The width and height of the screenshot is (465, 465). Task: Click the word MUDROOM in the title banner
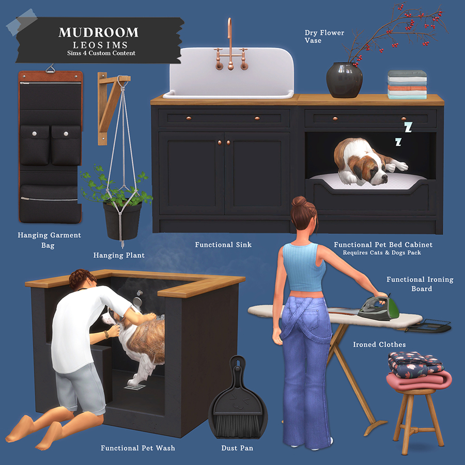(x=99, y=33)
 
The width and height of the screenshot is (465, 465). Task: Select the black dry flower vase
(x=344, y=80)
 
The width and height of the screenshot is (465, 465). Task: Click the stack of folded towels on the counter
(x=407, y=85)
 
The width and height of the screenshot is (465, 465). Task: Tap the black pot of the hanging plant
(x=122, y=220)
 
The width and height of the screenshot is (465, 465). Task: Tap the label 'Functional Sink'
(x=223, y=245)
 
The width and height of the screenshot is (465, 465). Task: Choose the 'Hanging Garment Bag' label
(x=49, y=240)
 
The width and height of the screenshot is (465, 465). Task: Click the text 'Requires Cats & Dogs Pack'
(x=382, y=253)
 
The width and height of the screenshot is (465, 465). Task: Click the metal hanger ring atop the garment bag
(x=51, y=69)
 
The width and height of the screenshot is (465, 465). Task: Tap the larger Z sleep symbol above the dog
(x=408, y=127)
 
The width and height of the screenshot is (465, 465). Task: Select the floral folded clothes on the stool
(x=416, y=364)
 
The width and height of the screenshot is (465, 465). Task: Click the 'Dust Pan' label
(x=237, y=448)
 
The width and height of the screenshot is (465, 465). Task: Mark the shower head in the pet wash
(x=138, y=300)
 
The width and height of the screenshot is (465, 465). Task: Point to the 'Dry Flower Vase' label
(x=324, y=37)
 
